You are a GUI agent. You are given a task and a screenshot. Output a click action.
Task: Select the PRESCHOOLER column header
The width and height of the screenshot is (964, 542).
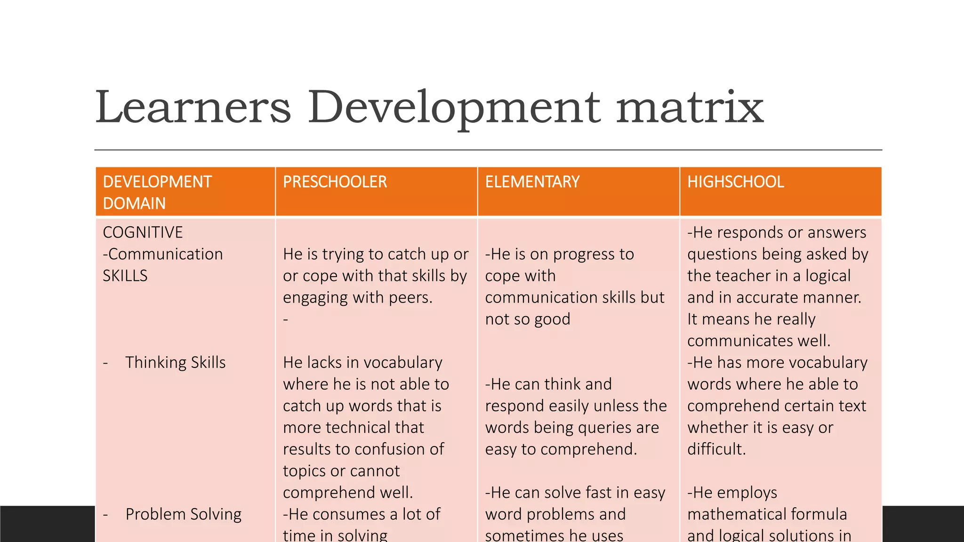click(x=335, y=182)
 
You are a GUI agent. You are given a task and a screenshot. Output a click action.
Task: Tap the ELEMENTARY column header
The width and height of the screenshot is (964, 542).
click(x=532, y=182)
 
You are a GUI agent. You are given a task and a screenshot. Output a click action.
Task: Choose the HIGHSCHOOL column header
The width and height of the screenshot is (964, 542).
click(x=735, y=182)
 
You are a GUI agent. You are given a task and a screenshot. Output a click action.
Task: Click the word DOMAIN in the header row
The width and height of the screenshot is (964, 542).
click(x=134, y=204)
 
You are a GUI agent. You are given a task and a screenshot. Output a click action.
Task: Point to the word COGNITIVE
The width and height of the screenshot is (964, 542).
click(x=143, y=232)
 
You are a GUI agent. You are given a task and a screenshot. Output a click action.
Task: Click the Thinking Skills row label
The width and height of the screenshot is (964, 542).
click(x=175, y=363)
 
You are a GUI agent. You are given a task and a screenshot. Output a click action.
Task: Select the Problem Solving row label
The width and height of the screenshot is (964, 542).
click(x=183, y=514)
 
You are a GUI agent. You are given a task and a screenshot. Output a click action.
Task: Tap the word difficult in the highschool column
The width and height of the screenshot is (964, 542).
click(x=716, y=449)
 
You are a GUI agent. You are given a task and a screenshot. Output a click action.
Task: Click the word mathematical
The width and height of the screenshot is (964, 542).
click(x=767, y=514)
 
